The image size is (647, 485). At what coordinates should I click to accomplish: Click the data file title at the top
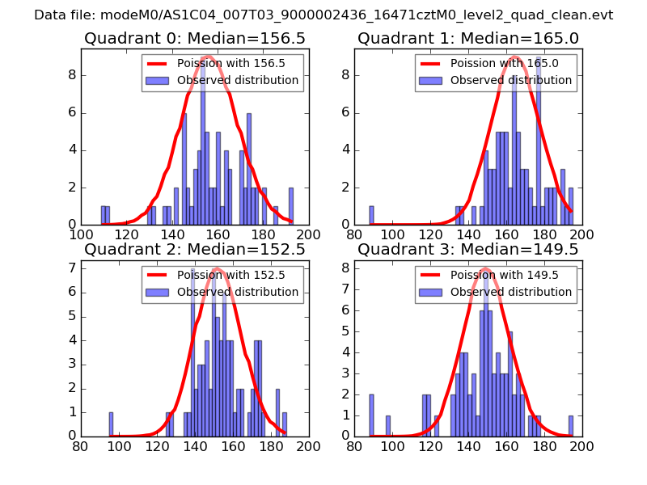click(x=323, y=15)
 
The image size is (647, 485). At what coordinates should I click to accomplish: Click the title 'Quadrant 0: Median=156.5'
click(x=195, y=38)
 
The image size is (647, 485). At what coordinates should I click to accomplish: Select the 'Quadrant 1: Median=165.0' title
click(x=468, y=38)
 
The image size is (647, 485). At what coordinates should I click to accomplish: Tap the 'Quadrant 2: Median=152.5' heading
click(x=195, y=250)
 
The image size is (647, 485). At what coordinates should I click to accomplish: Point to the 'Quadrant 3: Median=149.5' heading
click(x=468, y=250)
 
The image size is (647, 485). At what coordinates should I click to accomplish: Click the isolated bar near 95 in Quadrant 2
click(x=111, y=424)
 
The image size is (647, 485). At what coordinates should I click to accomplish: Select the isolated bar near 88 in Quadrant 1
click(x=371, y=215)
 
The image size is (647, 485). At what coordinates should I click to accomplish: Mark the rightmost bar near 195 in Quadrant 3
click(x=571, y=426)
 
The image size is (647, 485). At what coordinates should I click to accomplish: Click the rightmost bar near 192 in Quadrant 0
click(x=291, y=206)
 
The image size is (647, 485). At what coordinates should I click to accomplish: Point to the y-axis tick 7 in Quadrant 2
click(x=71, y=268)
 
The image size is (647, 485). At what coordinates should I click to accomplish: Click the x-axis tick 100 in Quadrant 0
click(x=81, y=234)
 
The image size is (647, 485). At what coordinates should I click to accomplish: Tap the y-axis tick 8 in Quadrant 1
click(x=345, y=75)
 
